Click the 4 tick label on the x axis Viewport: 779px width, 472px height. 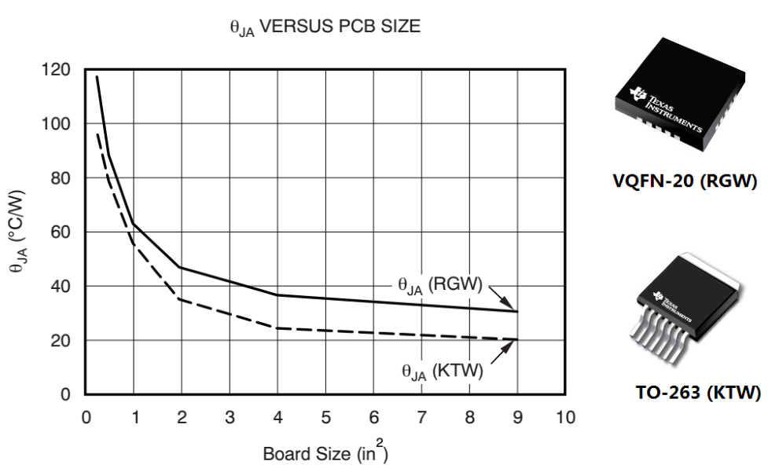[x=277, y=416]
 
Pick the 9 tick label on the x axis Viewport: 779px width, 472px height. [x=517, y=416]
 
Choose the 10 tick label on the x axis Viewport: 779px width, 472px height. [x=565, y=416]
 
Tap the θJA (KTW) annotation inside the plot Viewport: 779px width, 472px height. [x=442, y=369]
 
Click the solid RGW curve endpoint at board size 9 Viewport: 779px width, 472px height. [x=517, y=312]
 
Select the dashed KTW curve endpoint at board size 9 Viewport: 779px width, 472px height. [x=517, y=339]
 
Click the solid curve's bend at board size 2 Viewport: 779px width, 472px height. [x=182, y=267]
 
